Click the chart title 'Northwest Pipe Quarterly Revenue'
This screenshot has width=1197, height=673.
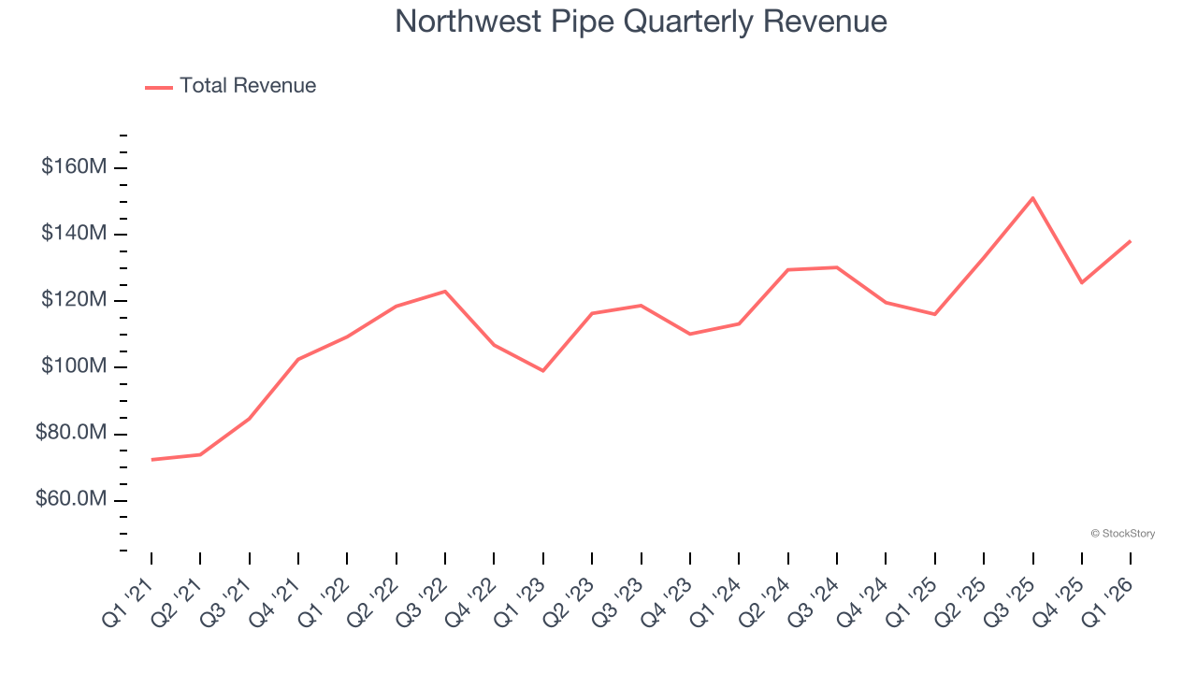point(641,21)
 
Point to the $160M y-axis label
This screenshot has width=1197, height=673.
point(74,167)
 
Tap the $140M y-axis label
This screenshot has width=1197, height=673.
point(74,234)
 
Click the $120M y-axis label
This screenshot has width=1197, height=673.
point(74,300)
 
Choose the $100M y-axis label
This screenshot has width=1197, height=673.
point(74,366)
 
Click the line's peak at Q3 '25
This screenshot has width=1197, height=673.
point(1032,198)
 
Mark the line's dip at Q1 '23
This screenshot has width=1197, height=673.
point(543,371)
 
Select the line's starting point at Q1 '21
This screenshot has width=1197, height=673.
point(151,460)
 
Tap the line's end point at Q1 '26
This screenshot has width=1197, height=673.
point(1131,241)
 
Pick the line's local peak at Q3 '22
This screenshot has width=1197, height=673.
point(445,292)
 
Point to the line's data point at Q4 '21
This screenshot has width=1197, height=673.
point(298,359)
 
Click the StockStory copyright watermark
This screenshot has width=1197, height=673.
point(1122,534)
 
